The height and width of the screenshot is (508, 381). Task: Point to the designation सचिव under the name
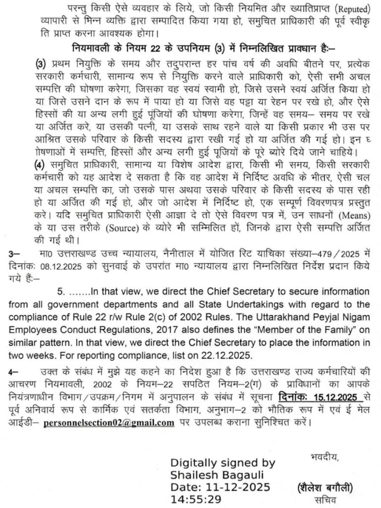[325, 500]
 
